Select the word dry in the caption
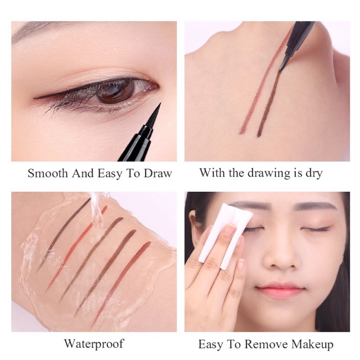pyautogui.click(x=312, y=173)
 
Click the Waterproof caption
pyautogui.click(x=94, y=343)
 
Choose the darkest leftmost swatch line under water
pyautogui.click(x=62, y=236)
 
